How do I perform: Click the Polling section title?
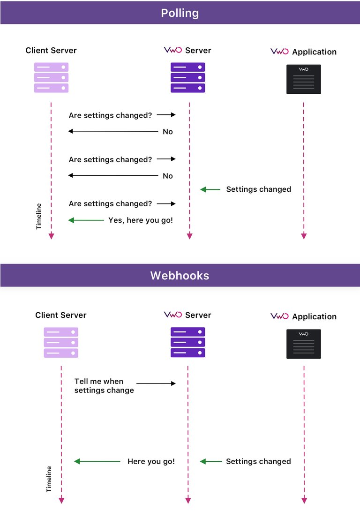180,13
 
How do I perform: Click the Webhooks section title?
180,275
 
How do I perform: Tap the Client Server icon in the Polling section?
51,78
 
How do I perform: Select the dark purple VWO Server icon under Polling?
187,78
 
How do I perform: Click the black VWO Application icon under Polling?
303,79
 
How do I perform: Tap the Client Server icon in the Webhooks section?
61,343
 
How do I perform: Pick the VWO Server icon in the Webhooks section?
187,343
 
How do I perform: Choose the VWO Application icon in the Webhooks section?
303,344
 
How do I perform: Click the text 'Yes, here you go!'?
141,220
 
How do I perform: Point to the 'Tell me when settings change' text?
104,386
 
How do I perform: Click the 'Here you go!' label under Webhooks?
151,461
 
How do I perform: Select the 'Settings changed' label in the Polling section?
258,189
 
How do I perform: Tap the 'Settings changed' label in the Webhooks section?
258,461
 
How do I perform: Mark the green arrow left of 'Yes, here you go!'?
86,220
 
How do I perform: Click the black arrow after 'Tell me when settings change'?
156,383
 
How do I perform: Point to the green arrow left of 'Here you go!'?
97,461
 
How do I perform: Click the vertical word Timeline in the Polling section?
39,216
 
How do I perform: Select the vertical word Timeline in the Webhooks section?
49,479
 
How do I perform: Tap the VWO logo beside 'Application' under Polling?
279,52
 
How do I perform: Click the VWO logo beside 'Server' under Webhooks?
172,315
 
